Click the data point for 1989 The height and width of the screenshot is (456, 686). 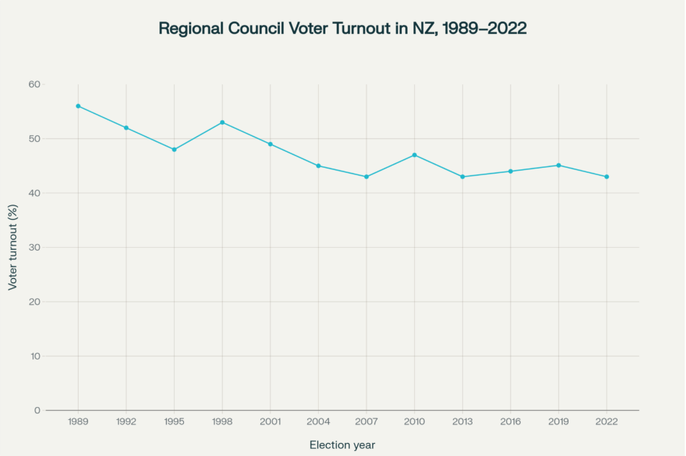78,106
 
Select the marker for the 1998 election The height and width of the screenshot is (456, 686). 222,122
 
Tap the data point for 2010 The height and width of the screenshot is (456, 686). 414,155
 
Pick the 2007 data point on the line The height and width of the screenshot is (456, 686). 366,176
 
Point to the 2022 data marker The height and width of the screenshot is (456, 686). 607,176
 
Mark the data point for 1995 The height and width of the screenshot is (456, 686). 174,149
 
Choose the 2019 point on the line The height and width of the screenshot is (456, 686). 558,166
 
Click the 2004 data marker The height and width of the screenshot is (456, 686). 318,166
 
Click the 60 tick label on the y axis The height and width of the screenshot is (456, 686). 35,84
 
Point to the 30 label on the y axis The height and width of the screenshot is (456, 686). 35,247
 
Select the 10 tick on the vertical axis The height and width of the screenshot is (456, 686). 35,356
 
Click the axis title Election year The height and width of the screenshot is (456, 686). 342,444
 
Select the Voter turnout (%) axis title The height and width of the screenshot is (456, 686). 13,247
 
